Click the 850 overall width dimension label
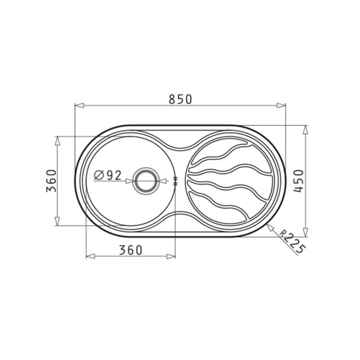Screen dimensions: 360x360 pos(180,99)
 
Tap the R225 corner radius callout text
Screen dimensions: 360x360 pos(292,241)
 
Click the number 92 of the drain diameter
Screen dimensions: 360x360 pos(114,175)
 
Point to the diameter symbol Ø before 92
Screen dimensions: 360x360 pos(100,175)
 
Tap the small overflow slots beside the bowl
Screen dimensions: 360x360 pos(175,181)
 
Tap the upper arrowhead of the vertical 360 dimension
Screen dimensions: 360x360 pos(57,141)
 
